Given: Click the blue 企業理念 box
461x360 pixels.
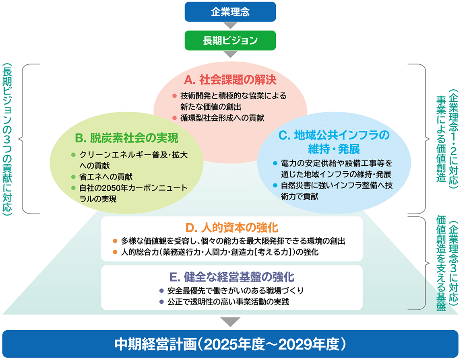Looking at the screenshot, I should [x=230, y=12].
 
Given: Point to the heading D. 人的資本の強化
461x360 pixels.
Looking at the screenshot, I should [x=232, y=228].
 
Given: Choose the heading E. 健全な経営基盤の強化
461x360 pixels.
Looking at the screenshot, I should [x=232, y=277].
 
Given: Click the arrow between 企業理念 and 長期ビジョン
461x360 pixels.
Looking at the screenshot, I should [x=230, y=26].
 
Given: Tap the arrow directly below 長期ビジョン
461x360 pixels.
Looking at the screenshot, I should [x=230, y=54].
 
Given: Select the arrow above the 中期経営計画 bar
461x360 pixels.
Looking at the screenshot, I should [x=230, y=321].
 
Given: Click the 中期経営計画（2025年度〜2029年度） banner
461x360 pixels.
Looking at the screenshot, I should [x=230, y=344].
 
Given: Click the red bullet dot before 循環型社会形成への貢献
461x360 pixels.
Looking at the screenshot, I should [x=174, y=118].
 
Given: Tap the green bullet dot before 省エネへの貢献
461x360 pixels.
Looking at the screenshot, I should [x=73, y=177].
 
